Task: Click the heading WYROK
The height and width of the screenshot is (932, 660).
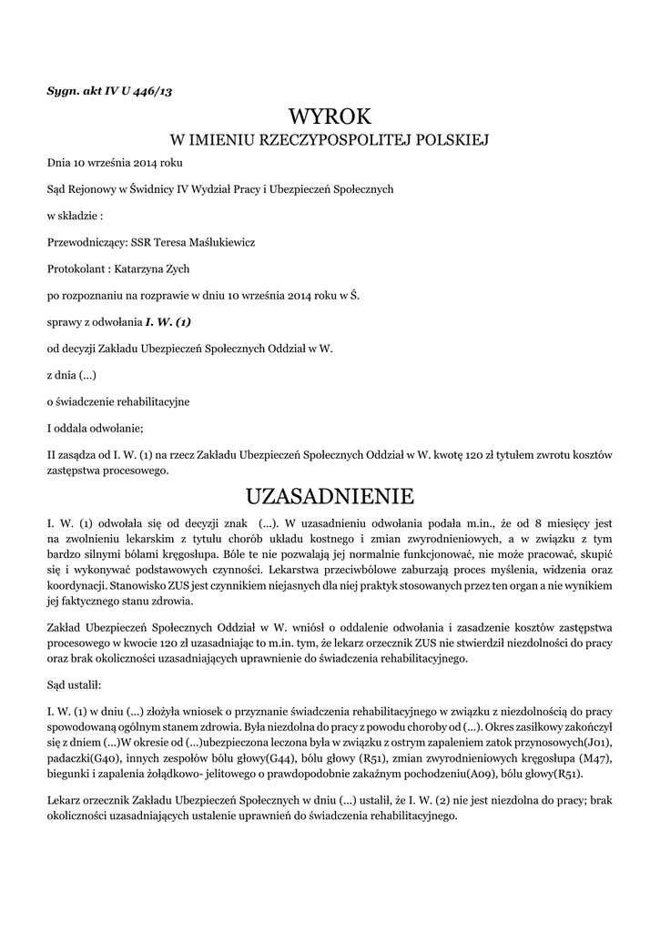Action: (x=330, y=116)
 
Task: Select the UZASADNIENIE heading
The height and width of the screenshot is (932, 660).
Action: (x=330, y=496)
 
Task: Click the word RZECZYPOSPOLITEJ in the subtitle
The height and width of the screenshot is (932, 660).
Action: (x=331, y=140)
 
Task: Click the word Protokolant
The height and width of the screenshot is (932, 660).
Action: (x=76, y=268)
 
